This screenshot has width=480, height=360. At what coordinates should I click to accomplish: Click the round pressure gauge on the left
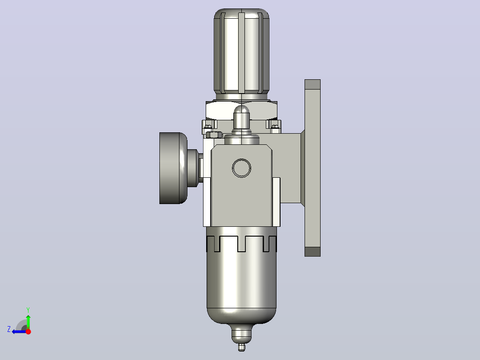[173, 168]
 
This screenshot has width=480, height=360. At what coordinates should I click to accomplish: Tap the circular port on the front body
[241, 168]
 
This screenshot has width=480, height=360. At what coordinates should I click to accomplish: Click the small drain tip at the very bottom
[241, 347]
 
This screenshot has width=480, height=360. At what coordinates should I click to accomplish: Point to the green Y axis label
[28, 310]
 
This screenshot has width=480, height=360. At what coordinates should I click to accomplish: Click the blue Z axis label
[9, 329]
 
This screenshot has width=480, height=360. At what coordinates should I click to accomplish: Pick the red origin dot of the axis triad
[28, 331]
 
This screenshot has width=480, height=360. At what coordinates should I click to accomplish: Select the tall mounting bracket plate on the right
[313, 168]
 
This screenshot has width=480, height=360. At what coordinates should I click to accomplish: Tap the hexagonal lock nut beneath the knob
[241, 110]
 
